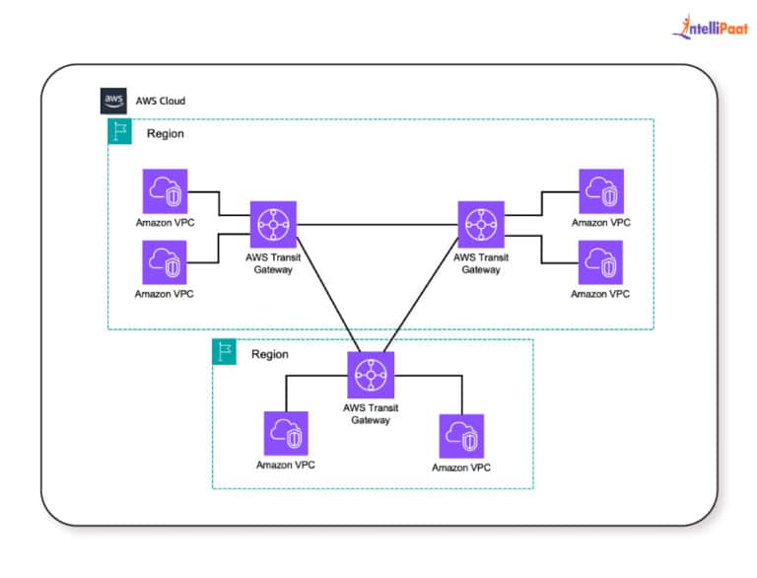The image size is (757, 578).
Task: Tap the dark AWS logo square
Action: coord(113,101)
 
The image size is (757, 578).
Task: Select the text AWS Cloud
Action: coord(160,102)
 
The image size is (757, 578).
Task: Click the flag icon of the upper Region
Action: coord(120,133)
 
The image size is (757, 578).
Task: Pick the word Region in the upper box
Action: coord(166,134)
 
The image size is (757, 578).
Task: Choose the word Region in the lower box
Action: coord(270,353)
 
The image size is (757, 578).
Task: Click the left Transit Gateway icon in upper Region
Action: coord(273,225)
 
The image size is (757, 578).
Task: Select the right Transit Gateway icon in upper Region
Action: coord(481,225)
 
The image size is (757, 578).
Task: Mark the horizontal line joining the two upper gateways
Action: coord(378,225)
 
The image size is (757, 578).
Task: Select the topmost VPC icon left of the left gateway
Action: coord(165,191)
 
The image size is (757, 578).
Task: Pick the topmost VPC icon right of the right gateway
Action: coord(600,191)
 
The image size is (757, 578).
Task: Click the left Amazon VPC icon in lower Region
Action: coord(287,434)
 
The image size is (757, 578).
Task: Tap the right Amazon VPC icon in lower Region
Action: coord(461,435)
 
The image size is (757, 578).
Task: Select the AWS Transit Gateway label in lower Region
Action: coord(371,413)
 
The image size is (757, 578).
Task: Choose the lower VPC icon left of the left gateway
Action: coord(165,263)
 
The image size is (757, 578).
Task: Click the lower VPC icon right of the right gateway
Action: coord(600,263)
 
